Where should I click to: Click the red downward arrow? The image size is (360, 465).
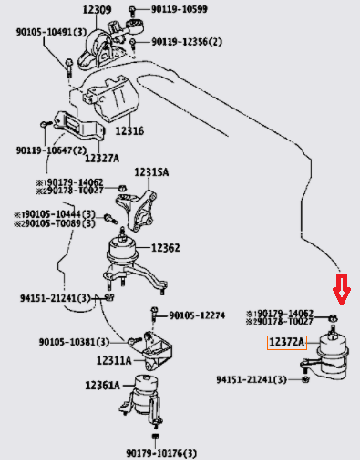(342, 290)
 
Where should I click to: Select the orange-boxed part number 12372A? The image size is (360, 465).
(287, 343)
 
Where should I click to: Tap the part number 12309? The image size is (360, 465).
(97, 10)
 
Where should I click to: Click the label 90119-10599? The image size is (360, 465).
(180, 9)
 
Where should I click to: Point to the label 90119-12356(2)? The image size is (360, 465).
(187, 42)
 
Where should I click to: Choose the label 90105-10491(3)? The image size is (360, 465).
(51, 32)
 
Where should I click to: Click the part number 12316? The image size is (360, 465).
(129, 131)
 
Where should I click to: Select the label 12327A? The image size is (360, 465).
(102, 158)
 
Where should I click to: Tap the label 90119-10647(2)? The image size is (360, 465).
(51, 150)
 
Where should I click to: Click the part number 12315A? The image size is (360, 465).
(151, 172)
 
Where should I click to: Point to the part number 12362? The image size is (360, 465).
(165, 248)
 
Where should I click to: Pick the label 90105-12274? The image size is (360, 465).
(197, 315)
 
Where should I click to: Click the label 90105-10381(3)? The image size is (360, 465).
(74, 342)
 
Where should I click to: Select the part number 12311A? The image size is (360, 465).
(114, 360)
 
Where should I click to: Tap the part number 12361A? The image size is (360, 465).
(102, 386)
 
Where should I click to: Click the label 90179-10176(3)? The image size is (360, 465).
(161, 454)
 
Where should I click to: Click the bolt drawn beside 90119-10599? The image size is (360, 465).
(132, 11)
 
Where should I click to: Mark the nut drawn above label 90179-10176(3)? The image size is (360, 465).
(156, 437)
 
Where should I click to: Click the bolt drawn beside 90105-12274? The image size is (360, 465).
(154, 314)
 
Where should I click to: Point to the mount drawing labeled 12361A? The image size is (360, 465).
(141, 399)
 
